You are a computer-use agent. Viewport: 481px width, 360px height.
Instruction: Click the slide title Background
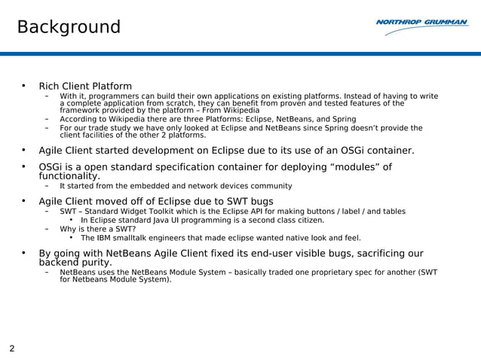click(x=69, y=28)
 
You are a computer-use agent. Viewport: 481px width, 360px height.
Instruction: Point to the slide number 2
click(x=12, y=348)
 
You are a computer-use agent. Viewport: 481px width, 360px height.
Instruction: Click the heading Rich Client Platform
click(x=85, y=86)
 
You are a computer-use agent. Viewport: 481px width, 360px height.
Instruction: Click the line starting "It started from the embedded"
click(x=176, y=186)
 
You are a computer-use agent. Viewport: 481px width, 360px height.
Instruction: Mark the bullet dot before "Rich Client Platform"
click(x=23, y=86)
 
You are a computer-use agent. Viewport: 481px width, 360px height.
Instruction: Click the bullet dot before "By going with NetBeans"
click(x=23, y=254)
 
